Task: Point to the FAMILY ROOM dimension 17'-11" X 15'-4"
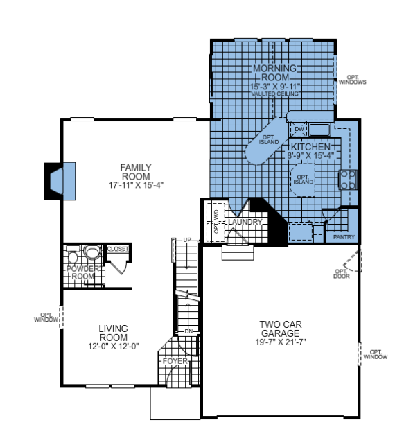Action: click(x=135, y=185)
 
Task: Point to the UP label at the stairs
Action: click(x=186, y=240)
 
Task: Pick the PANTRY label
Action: click(x=343, y=237)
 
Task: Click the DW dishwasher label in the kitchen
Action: click(x=299, y=130)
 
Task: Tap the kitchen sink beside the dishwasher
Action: click(x=319, y=130)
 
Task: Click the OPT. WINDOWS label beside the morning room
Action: click(x=352, y=80)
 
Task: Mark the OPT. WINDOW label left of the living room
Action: click(x=44, y=319)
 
